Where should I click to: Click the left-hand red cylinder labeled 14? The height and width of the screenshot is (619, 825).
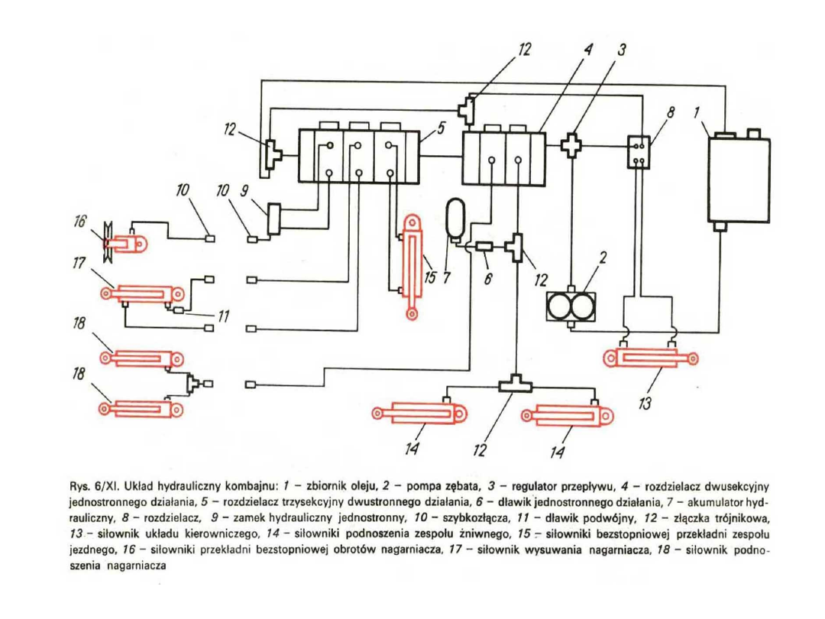tap(419, 413)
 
